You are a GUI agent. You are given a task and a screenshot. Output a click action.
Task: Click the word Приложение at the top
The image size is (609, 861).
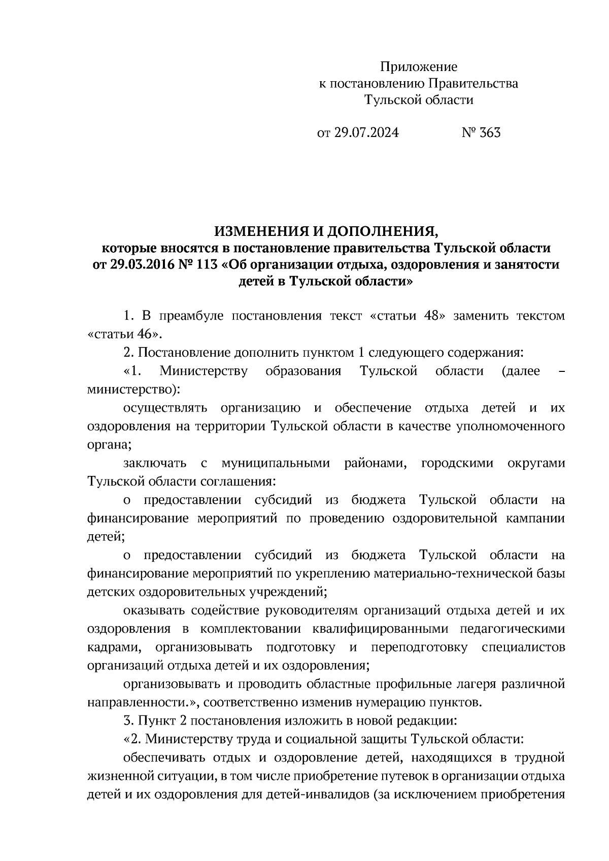419,66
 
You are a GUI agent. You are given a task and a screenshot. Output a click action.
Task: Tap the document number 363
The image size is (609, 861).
490,133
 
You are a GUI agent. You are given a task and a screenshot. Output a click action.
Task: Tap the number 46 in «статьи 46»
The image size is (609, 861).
148,334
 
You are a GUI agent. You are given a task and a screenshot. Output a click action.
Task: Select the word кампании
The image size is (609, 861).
538,519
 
